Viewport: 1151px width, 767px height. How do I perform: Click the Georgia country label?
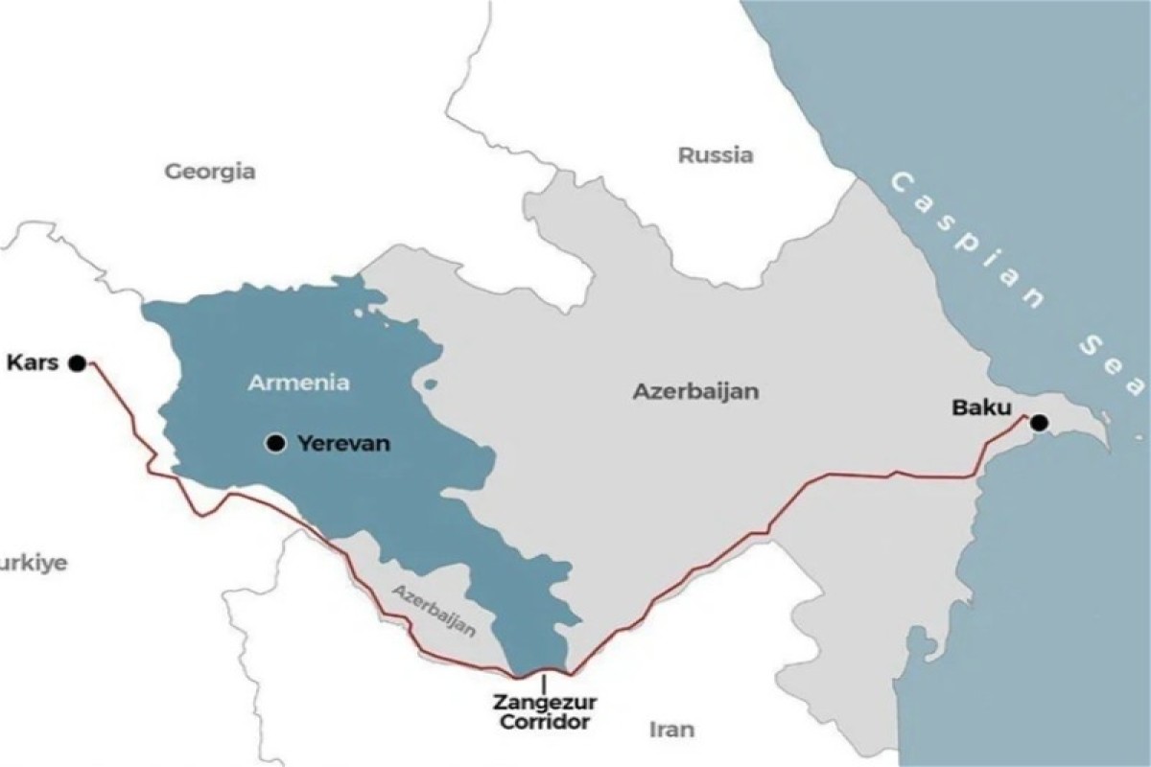click(210, 172)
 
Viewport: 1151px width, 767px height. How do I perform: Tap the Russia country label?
click(716, 154)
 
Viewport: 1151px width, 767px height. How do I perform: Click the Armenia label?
click(298, 383)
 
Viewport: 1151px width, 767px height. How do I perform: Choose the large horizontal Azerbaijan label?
click(695, 391)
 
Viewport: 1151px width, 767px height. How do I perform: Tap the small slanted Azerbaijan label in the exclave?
click(434, 610)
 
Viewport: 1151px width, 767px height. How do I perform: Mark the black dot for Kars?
click(77, 362)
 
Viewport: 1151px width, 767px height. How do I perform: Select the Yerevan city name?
click(344, 444)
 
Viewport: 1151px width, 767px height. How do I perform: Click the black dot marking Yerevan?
click(276, 443)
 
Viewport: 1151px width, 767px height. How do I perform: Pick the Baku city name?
click(981, 407)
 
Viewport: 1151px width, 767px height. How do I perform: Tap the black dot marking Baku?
click(1039, 423)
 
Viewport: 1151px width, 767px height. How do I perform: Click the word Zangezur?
click(543, 702)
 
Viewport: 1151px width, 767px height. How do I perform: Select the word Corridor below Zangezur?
click(544, 722)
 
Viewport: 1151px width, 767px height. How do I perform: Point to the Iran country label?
click(671, 729)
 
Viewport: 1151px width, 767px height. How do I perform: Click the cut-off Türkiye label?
click(34, 563)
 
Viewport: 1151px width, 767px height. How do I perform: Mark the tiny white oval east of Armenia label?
click(430, 384)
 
